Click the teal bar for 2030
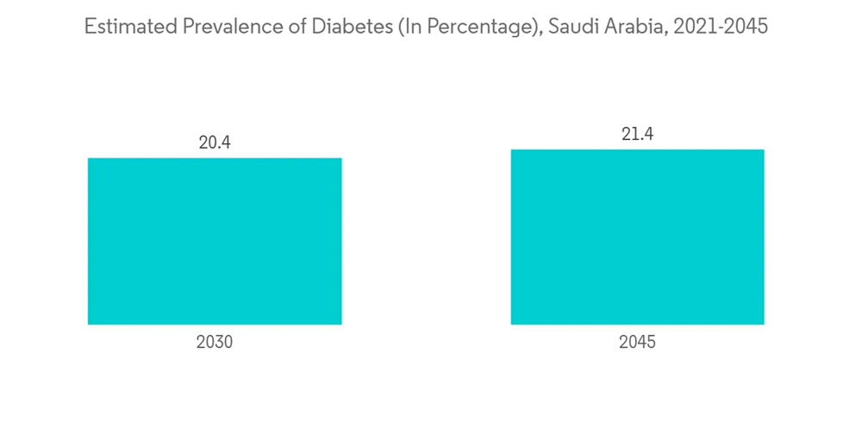pos(215,241)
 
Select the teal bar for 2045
pos(637,236)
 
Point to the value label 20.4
pos(215,142)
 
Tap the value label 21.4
pos(637,134)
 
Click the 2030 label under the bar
pos(215,342)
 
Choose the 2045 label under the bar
pos(637,342)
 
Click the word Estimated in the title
pos(130,27)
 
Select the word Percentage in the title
pos(480,27)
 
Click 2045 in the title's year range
pos(747,27)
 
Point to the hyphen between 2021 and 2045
pos(721,28)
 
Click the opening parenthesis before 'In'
pos(400,28)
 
